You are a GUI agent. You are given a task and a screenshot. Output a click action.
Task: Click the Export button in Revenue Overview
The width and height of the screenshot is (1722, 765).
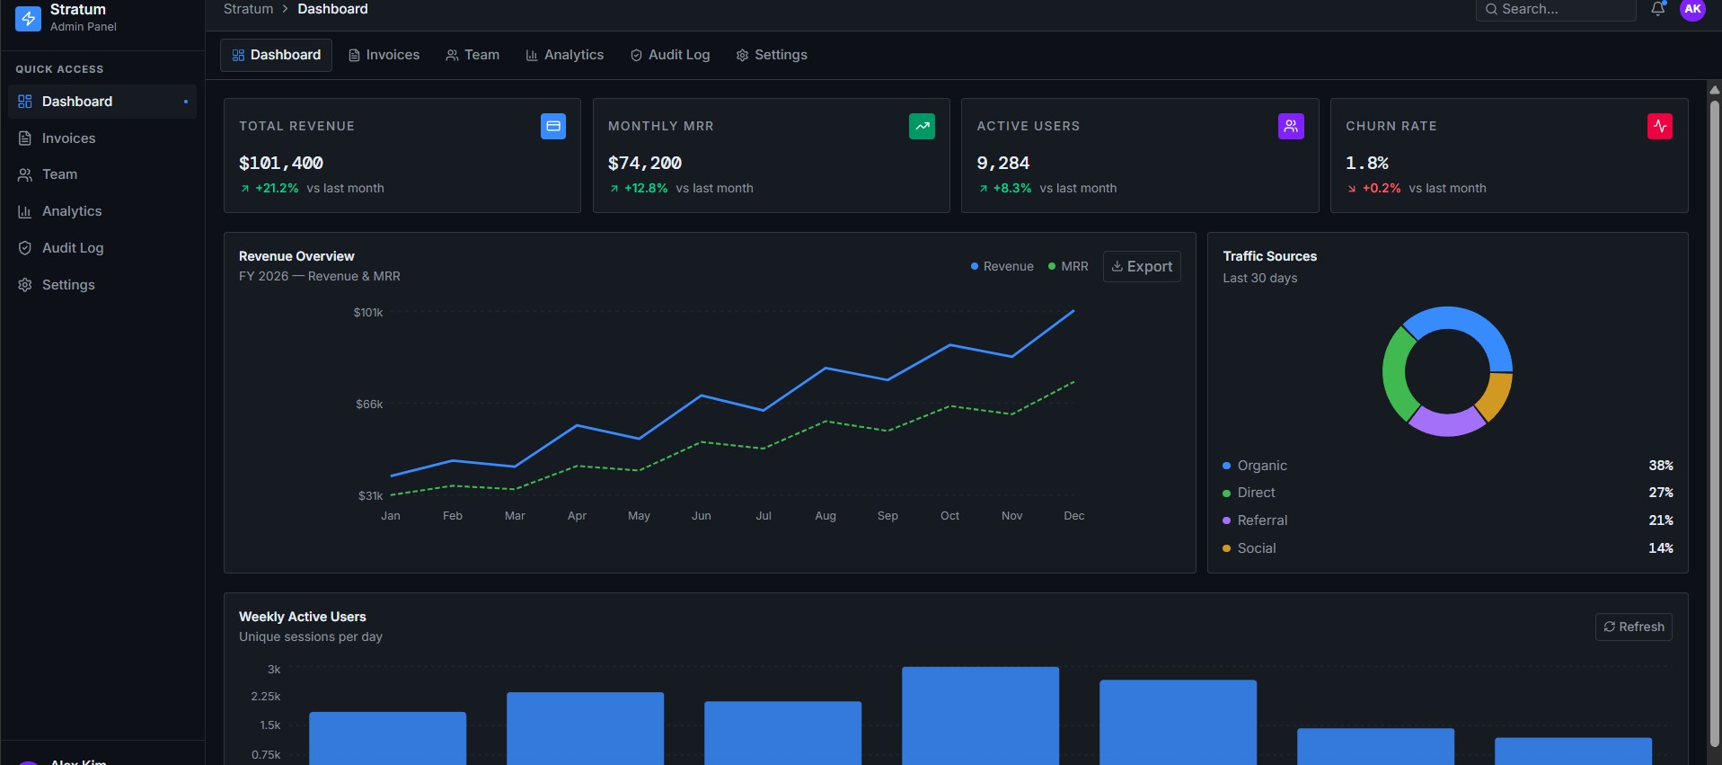[1142, 266]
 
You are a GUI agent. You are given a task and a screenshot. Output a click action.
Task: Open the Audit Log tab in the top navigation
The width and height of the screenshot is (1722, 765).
[670, 55]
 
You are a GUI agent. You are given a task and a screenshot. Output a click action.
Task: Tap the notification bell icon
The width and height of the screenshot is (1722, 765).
[1658, 9]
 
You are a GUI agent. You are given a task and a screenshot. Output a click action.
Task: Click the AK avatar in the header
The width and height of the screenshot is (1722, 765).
[1692, 9]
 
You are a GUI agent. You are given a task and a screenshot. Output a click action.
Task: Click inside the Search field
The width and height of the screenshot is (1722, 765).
[1556, 9]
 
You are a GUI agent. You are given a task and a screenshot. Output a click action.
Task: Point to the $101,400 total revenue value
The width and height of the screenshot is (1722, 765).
[281, 163]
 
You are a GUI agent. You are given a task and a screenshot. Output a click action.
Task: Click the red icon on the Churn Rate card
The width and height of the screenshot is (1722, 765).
[1660, 127]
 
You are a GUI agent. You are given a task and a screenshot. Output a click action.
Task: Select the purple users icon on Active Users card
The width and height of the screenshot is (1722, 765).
[1291, 127]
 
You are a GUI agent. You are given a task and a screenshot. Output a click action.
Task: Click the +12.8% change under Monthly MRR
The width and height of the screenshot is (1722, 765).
[646, 188]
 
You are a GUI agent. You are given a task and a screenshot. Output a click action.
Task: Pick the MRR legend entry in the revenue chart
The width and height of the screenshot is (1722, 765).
[1068, 266]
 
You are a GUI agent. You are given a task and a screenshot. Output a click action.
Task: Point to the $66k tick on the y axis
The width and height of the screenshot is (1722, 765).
[369, 405]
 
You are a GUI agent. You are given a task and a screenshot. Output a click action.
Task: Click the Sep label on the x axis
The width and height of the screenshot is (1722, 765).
[887, 516]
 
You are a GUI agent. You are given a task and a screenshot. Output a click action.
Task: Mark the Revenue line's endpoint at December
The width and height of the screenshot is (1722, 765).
[1074, 310]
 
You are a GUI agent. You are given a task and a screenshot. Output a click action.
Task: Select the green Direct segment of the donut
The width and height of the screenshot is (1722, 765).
[1395, 372]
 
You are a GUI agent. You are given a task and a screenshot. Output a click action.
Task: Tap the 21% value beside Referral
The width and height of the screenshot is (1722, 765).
[1661, 520]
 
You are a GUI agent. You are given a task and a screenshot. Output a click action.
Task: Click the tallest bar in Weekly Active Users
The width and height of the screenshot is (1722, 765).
[980, 716]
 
